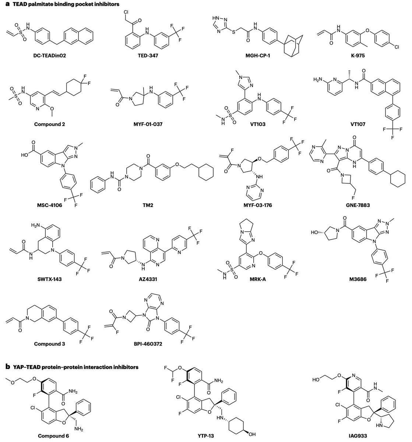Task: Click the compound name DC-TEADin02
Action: [x=49, y=55]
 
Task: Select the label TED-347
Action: [x=148, y=55]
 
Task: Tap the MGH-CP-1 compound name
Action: [x=257, y=55]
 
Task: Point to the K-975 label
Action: [x=358, y=55]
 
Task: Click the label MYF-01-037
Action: [x=148, y=124]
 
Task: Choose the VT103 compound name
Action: [x=258, y=124]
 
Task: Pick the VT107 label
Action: [x=358, y=124]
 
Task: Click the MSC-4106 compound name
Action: [x=49, y=205]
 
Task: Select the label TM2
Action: [x=148, y=205]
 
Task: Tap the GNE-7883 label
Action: [x=358, y=205]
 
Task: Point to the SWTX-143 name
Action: [x=49, y=279]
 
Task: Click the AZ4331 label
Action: [x=148, y=279]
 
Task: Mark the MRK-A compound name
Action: [x=257, y=279]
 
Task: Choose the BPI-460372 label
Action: [x=148, y=344]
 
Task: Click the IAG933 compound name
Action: [x=358, y=436]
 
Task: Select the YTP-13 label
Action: [x=205, y=436]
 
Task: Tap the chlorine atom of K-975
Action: [x=397, y=47]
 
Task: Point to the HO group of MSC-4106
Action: [x=24, y=155]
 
